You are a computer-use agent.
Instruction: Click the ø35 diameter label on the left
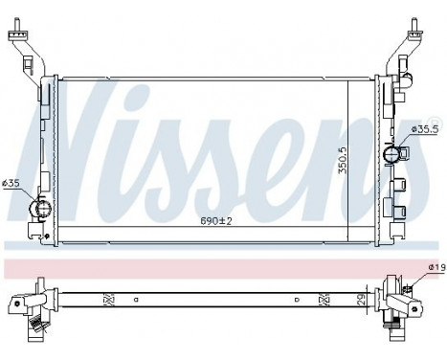point(11,184)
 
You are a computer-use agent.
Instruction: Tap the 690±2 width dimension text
point(217,221)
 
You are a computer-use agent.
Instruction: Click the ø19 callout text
point(435,268)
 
